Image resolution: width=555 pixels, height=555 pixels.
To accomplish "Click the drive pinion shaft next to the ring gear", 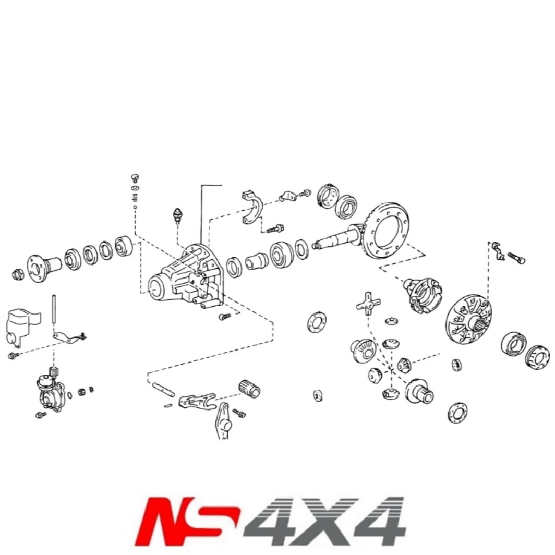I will (x=336, y=240).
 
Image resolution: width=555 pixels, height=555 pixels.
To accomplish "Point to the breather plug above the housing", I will (x=177, y=215).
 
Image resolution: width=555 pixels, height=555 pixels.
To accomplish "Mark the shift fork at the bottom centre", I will (x=196, y=401).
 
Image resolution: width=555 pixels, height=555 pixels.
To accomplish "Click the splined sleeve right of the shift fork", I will (x=249, y=389).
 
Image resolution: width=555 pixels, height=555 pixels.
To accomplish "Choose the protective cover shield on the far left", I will (x=20, y=325).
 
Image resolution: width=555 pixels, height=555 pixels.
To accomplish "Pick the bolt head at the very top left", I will (x=135, y=177).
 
